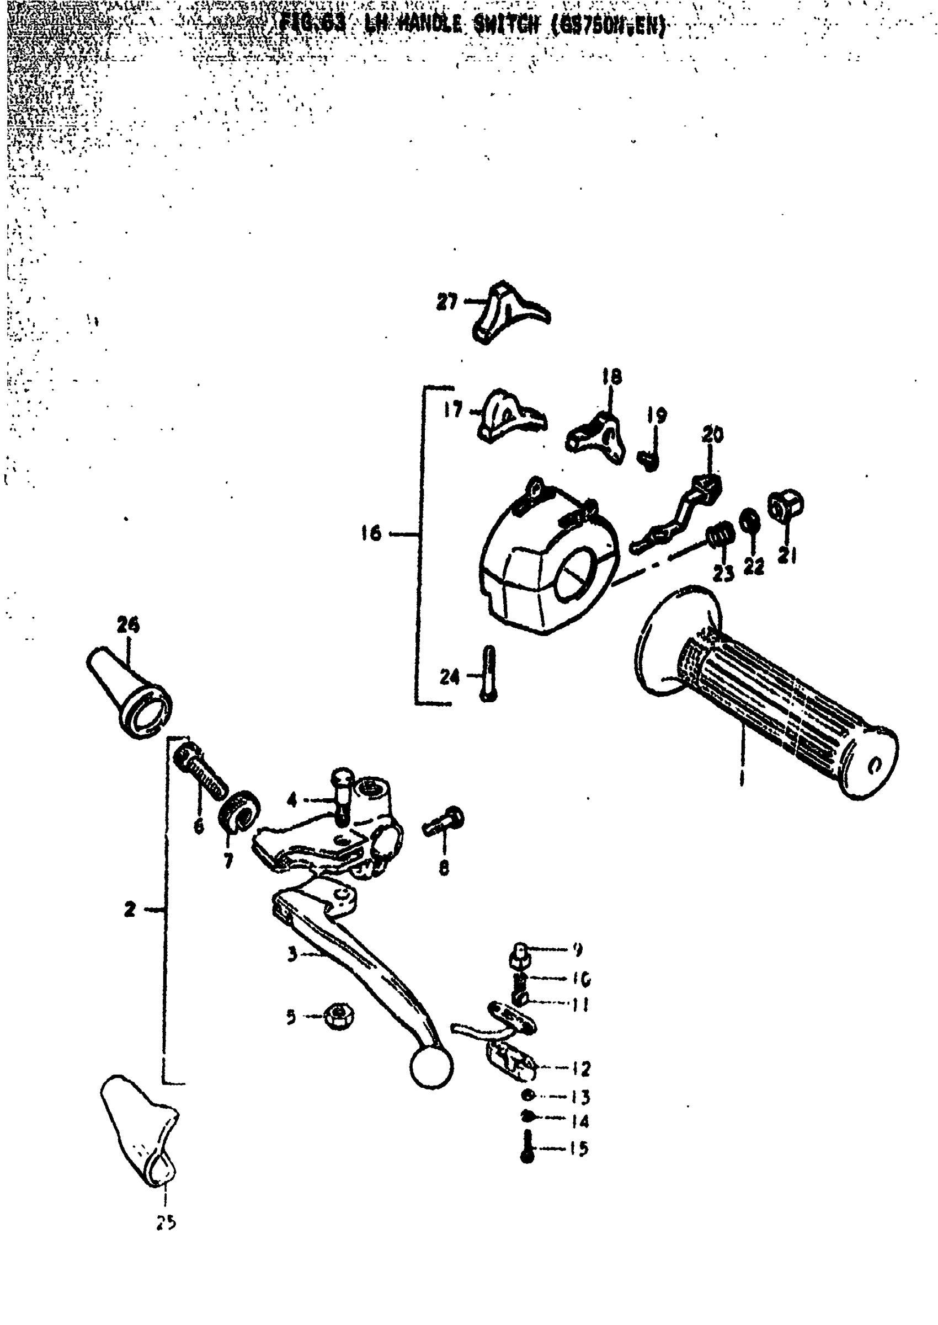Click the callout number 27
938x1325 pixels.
[x=446, y=301]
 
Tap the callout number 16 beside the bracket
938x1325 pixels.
[x=371, y=533]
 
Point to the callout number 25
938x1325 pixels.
[x=166, y=1222]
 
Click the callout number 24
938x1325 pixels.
[x=449, y=676]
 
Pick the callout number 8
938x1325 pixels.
[x=444, y=867]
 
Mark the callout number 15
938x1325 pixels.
[x=578, y=1148]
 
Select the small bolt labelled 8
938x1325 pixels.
[x=445, y=822]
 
